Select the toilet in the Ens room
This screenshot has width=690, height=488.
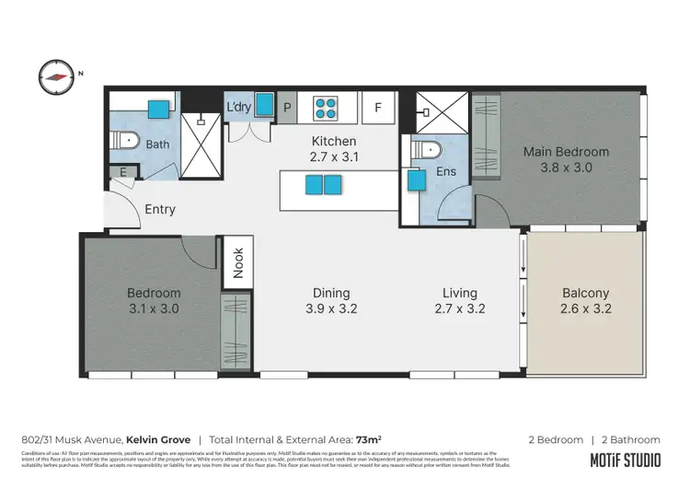(x=429, y=150)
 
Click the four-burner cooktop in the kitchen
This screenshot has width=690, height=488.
(x=326, y=109)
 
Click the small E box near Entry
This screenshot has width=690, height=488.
(x=123, y=172)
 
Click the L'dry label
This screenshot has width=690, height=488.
(x=238, y=108)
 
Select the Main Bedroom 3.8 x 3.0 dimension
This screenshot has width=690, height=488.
(x=566, y=168)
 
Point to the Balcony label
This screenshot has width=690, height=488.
(x=585, y=294)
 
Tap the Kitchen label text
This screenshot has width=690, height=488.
(x=333, y=142)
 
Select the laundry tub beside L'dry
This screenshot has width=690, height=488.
(x=264, y=105)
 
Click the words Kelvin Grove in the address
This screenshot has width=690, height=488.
(x=159, y=440)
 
